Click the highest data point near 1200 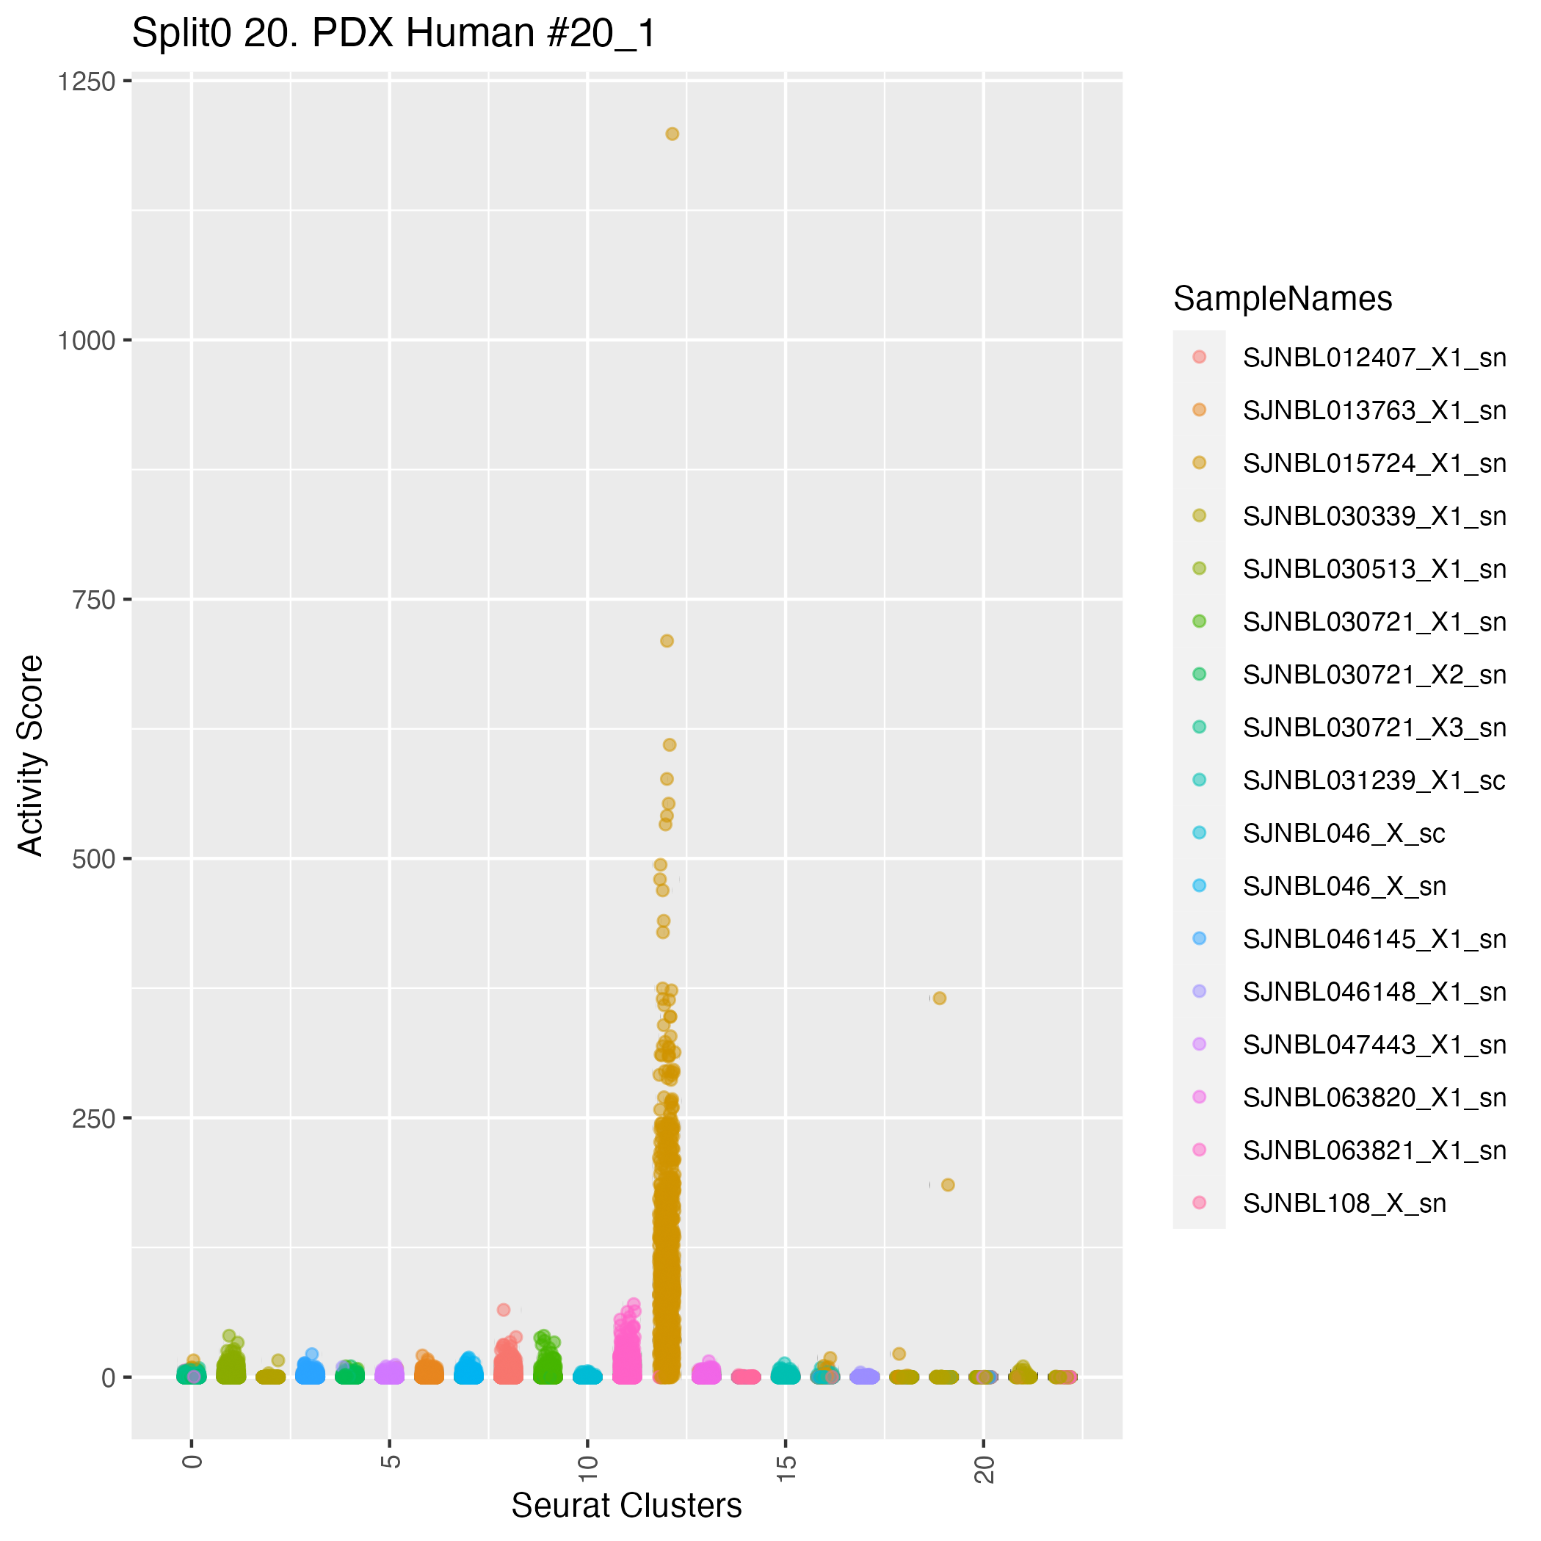coord(672,134)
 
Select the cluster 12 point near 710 coord(667,640)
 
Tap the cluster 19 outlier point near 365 coord(940,998)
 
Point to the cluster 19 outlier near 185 coord(948,1184)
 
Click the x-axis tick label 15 coord(786,1468)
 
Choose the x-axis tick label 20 coord(985,1468)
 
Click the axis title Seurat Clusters coord(626,1506)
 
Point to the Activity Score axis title coord(32,755)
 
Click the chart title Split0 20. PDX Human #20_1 coord(394,34)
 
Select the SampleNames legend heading coord(1283,298)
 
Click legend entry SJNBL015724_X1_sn coord(1374,463)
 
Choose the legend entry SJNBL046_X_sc coord(1344,833)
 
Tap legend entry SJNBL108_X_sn coord(1344,1203)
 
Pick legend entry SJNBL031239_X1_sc coord(1374,780)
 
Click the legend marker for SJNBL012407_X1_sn coord(1199,357)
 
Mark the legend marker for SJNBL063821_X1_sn coord(1199,1150)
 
